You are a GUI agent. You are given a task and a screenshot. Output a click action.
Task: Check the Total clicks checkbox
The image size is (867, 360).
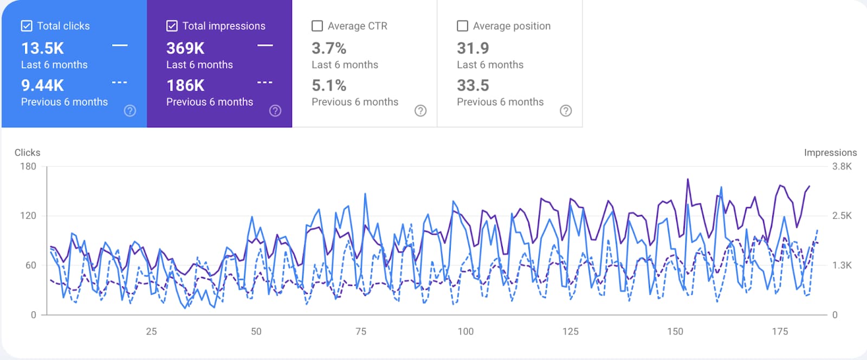point(27,26)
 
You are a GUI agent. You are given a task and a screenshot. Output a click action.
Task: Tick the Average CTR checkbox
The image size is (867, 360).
point(318,26)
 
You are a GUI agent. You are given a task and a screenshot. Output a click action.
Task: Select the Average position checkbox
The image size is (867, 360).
point(463,26)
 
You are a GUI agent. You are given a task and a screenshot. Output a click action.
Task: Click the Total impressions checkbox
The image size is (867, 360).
point(172,26)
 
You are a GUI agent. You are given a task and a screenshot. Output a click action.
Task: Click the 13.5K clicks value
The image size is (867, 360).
point(42,48)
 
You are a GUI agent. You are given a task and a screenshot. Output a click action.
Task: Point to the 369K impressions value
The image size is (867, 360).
point(185,48)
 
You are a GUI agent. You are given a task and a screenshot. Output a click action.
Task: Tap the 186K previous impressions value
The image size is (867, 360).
point(185,85)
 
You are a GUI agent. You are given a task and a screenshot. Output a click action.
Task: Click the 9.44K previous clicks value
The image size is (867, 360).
point(42,85)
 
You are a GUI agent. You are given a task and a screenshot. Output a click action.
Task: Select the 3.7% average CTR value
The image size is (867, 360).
point(329,48)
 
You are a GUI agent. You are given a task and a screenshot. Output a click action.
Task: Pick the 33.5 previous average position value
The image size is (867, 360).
point(473,85)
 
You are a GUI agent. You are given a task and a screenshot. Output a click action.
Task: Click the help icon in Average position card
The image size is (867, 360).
point(566,111)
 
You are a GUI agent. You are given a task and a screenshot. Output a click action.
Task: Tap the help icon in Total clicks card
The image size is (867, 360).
point(130,111)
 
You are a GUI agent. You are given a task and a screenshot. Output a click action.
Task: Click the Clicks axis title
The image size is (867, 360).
point(27,152)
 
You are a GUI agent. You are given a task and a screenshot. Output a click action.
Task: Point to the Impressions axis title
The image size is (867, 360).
point(830,152)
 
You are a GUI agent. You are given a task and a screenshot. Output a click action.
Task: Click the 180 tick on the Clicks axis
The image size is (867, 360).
point(28,166)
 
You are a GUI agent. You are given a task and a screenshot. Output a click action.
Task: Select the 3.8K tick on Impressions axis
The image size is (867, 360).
point(842,166)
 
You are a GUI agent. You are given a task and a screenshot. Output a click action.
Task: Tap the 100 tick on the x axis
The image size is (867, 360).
point(465,331)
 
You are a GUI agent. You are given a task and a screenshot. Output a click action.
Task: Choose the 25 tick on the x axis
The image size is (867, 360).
point(151,331)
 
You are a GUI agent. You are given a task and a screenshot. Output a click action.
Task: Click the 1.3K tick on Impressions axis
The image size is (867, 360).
point(842,265)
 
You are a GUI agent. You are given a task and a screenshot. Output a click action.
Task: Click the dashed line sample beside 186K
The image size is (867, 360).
point(264,82)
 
